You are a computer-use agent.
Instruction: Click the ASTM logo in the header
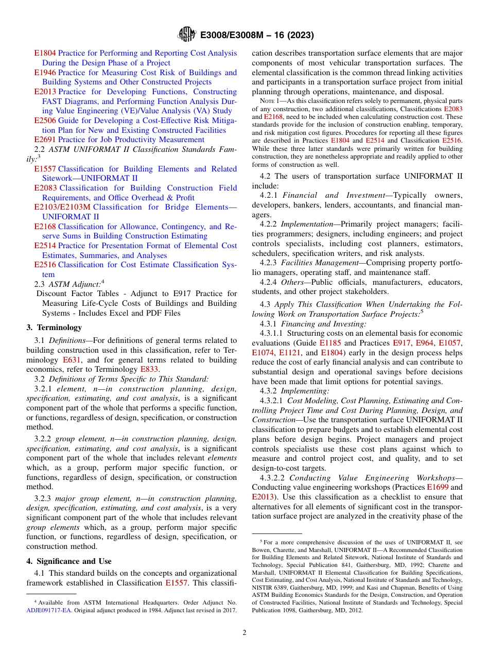187,35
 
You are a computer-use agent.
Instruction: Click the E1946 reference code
45,73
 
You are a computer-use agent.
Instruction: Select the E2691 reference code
45,140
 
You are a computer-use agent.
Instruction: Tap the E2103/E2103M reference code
62,207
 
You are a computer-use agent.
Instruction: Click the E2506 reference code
45,120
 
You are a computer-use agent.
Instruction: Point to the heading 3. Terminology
54,327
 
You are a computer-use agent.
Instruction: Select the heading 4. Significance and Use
69,561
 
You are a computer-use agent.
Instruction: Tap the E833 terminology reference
150,369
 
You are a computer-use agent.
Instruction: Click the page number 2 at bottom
244,633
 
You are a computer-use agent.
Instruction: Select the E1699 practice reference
437,487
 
